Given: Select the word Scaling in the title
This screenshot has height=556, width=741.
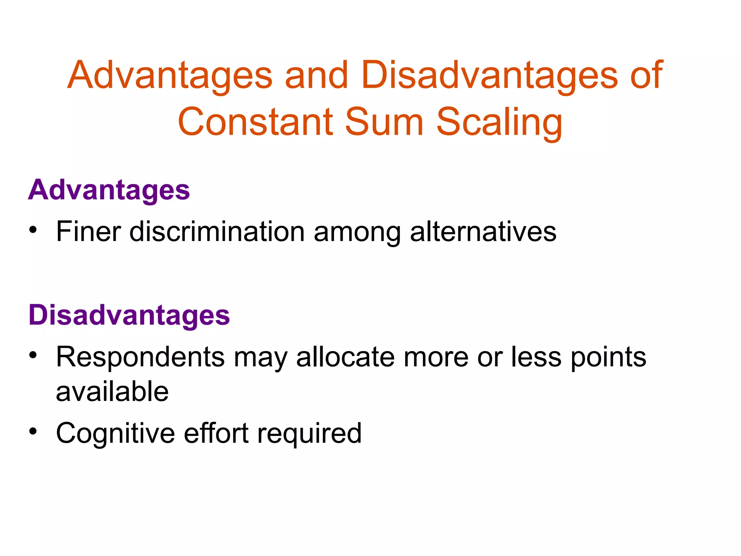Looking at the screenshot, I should pos(499,123).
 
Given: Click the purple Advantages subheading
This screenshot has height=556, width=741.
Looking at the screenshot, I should pos(109,190).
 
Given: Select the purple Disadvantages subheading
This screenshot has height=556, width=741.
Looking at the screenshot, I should pos(129,315).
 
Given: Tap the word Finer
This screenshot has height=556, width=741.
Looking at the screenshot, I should pos(88,232).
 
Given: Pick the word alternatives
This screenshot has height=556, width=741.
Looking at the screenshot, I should pos(483,232).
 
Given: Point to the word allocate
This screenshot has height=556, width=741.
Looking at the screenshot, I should pos(345,357).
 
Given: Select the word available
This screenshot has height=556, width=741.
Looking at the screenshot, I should pos(112,392).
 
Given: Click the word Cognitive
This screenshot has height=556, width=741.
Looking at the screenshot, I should pos(115,434).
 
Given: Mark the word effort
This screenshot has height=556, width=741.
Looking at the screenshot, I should pos(216,433).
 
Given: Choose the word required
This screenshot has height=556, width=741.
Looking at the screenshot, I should pos(309,434).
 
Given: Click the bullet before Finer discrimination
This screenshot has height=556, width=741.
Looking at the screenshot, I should pos(33,230).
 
